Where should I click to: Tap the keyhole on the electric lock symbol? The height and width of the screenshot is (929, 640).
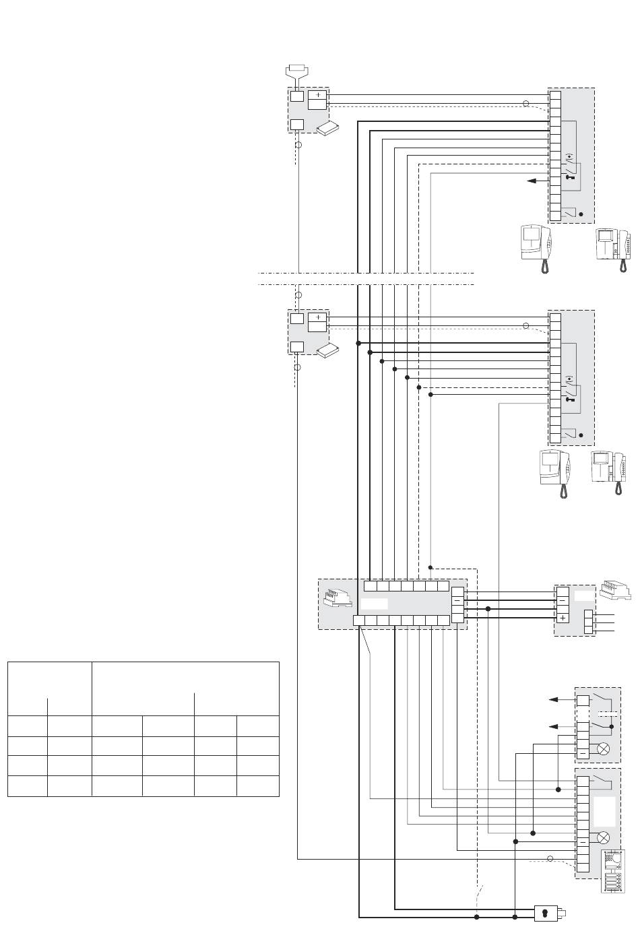click(544, 914)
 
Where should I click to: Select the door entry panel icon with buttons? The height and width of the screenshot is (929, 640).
click(612, 872)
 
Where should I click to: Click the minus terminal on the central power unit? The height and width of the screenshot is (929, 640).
click(457, 599)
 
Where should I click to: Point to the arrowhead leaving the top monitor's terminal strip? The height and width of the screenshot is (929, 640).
click(532, 181)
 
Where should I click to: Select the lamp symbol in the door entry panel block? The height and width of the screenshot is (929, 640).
click(604, 837)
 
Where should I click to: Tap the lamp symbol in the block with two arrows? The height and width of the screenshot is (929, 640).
click(604, 748)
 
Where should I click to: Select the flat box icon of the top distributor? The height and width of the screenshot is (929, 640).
click(329, 129)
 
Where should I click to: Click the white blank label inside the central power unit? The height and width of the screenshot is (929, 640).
click(374, 604)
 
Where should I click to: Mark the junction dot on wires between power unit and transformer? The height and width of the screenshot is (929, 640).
click(488, 609)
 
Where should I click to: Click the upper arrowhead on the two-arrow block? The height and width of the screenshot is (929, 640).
click(555, 700)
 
